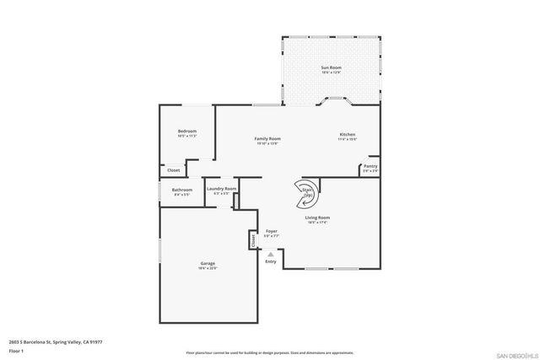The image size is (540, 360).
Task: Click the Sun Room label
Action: (x=330, y=67)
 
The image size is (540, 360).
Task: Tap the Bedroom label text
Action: (x=187, y=131)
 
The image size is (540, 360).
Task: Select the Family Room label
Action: (x=268, y=138)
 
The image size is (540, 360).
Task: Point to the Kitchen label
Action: (x=348, y=135)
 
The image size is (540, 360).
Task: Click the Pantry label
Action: (x=370, y=166)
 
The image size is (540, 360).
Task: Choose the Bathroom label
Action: (x=182, y=190)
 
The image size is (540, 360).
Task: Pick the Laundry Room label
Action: (x=220, y=189)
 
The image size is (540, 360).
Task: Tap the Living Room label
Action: (x=317, y=218)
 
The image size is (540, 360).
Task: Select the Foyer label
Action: (x=272, y=230)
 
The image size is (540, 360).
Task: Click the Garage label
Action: (x=208, y=264)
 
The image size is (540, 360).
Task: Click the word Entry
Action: (x=270, y=261)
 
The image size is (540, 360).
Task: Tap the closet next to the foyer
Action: (x=252, y=240)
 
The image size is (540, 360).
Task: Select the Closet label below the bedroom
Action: (x=173, y=170)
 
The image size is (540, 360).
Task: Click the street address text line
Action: (x=56, y=341)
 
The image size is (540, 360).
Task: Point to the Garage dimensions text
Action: (x=208, y=269)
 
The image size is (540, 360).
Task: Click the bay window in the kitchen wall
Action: (x=334, y=103)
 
